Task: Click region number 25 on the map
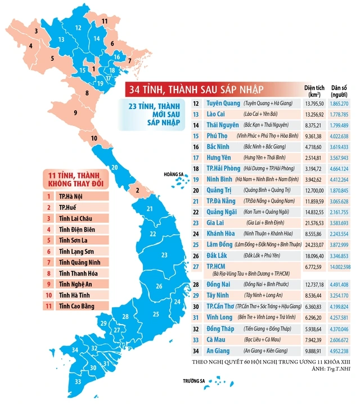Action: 157,314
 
